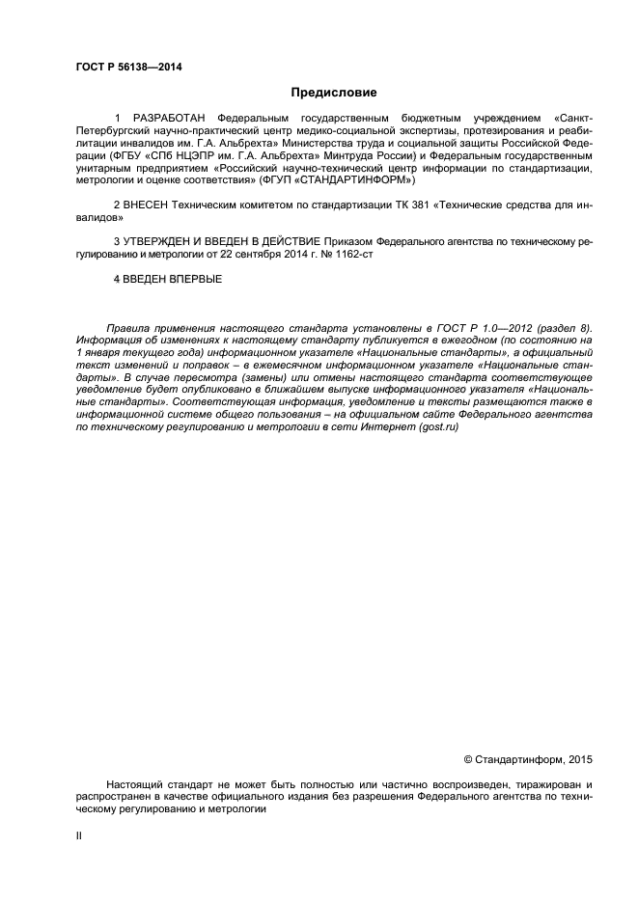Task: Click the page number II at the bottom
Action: pos(79,835)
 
